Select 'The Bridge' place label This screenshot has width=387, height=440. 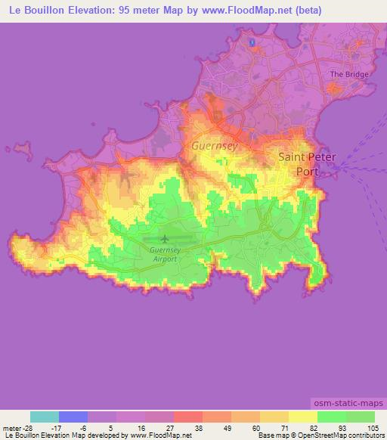pyautogui.click(x=348, y=75)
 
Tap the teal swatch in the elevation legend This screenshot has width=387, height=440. pyautogui.click(x=45, y=417)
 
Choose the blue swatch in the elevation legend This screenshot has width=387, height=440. pyautogui.click(x=73, y=417)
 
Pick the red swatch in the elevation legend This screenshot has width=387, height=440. pyautogui.click(x=188, y=417)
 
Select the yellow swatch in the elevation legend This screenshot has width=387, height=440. pyautogui.click(x=303, y=417)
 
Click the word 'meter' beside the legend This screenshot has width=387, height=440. pyautogui.click(x=13, y=427)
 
